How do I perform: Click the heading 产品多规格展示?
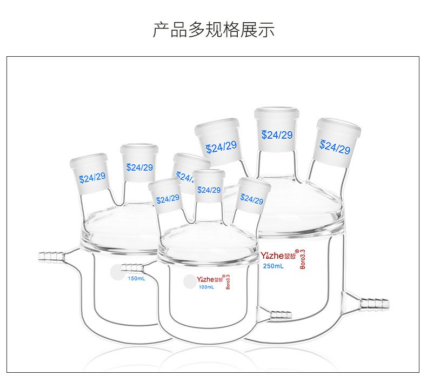(x=213, y=29)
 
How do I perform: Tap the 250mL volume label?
(x=273, y=266)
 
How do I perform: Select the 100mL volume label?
(x=206, y=287)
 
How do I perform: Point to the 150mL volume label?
(x=136, y=279)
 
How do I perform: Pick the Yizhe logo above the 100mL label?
(x=210, y=279)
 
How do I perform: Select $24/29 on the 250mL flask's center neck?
(x=277, y=135)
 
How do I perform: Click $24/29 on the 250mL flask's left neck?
(x=221, y=146)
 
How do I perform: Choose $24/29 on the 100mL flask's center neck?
(x=209, y=190)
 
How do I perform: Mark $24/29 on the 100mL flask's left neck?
(x=168, y=200)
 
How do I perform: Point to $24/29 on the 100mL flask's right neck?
(x=251, y=199)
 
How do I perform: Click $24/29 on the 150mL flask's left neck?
(x=92, y=177)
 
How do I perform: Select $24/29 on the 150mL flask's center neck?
(x=139, y=167)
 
